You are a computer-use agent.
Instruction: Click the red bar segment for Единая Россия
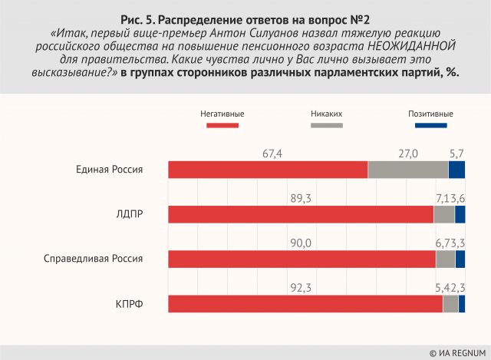coord(268,170)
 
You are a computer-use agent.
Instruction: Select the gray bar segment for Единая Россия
coord(407,170)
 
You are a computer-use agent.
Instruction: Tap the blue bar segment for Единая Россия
coord(456,170)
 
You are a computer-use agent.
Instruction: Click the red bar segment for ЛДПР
coord(301,214)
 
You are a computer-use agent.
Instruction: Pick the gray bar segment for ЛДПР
coord(444,214)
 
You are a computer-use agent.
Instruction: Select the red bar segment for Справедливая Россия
coord(302,259)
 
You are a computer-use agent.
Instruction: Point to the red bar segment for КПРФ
coord(305,304)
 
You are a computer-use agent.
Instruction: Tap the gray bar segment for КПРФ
coord(450,304)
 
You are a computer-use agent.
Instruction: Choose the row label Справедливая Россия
coord(94,259)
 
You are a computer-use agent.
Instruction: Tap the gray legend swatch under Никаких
coord(326,124)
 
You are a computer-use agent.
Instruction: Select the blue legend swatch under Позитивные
coord(425,124)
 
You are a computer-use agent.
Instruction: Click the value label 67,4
coord(272,154)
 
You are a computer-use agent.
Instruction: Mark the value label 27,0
coord(407,154)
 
